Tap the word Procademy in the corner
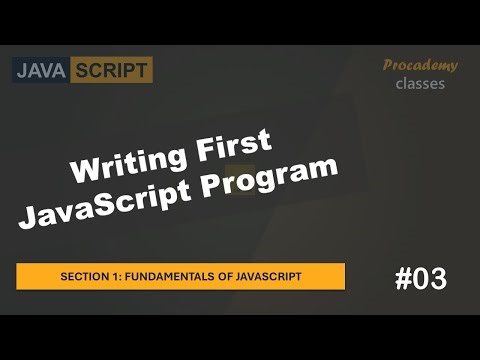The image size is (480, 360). [x=420, y=66]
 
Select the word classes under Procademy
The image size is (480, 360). [x=420, y=84]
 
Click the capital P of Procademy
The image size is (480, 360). [x=389, y=66]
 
